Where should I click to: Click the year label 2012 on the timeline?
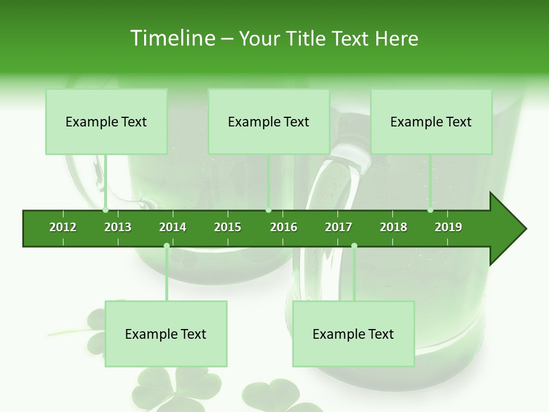point(63,227)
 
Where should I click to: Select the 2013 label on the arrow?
point(118,227)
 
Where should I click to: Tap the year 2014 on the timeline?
point(173,227)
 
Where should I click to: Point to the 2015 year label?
point(228,227)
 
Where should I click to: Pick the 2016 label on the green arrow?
point(284,227)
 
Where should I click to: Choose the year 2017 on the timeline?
point(339,227)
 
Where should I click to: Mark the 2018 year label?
point(393,227)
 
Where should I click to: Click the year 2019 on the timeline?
point(448,227)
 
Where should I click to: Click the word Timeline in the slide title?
point(173,38)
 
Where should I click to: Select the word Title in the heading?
point(307,38)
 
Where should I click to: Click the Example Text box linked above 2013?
point(106,122)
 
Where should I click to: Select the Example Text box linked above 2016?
point(269,122)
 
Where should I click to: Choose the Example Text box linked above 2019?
point(431,122)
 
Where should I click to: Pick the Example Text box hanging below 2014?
point(166,334)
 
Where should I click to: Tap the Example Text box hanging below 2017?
point(353,334)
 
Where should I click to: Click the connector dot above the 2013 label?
point(106,210)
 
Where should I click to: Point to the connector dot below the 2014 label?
point(166,246)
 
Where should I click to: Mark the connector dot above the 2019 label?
point(430,210)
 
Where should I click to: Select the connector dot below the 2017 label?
point(354,246)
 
